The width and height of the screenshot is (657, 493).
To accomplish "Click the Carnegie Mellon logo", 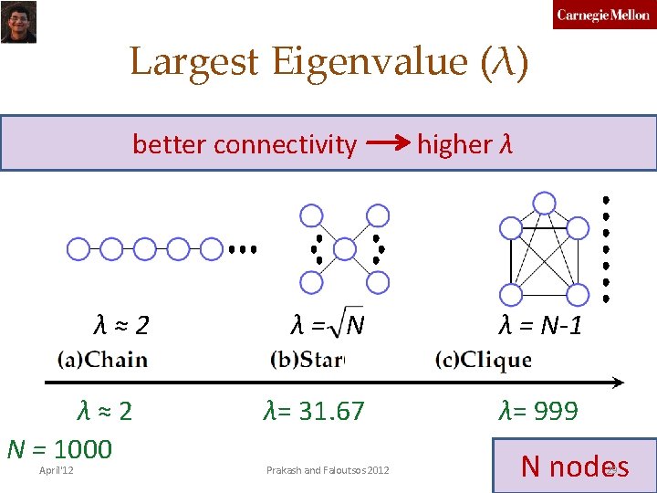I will pos(603,16).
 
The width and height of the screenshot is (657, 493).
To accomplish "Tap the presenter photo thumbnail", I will pos(17,22).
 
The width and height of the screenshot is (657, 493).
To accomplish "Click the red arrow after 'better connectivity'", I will pos(388,143).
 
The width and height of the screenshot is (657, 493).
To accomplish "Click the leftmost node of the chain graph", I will pos(78,248).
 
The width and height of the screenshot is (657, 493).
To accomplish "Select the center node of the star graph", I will pos(344,248).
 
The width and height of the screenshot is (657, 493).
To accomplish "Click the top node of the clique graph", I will pos(544,202).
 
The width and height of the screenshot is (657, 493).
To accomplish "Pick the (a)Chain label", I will pos(102,359).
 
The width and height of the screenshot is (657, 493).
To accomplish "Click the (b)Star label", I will pos(307,359).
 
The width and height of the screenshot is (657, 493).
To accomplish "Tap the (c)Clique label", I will pos(484,359).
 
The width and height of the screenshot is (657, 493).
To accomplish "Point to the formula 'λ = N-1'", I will pos(539,324).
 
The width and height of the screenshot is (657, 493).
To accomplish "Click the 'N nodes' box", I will pos(574,467).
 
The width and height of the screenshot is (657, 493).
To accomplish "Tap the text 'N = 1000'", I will pos(59,449).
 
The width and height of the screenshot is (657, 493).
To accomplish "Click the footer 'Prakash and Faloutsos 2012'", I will pos(328,470).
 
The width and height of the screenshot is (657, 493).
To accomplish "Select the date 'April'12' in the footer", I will pos(57,470).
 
